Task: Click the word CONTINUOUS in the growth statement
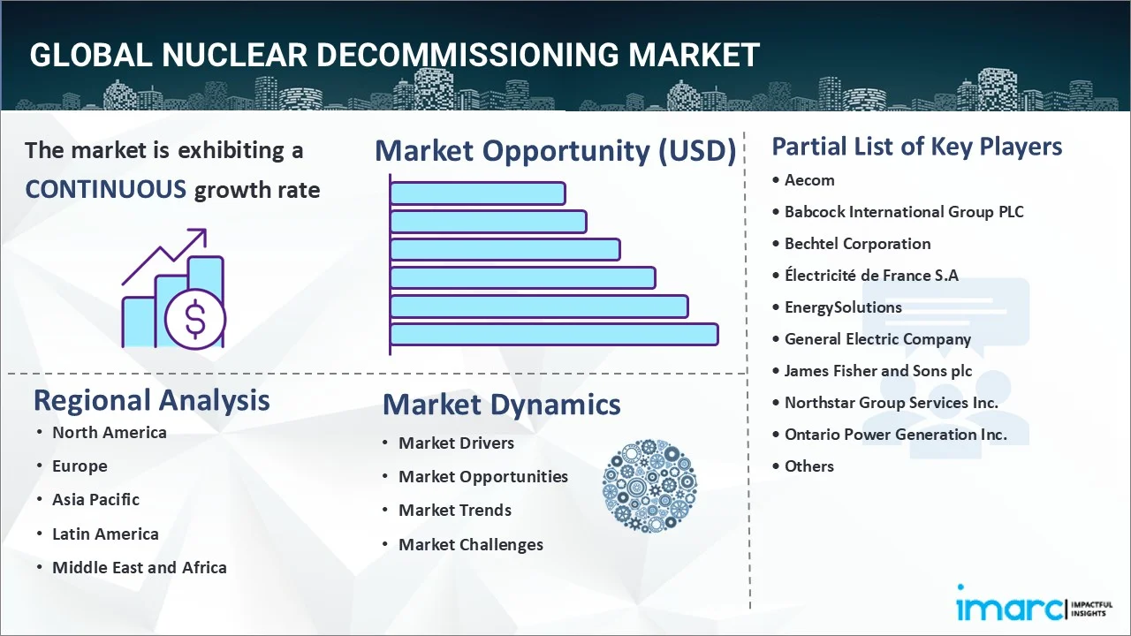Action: click(105, 189)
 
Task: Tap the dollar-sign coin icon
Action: click(195, 319)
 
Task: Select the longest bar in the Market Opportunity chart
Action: click(554, 334)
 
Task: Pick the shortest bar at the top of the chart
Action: click(477, 193)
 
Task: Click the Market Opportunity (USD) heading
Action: click(555, 151)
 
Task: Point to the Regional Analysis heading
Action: click(151, 400)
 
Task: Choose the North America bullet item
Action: click(109, 432)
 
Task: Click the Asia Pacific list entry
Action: click(95, 499)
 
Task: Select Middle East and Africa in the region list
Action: click(139, 567)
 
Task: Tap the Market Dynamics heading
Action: click(501, 405)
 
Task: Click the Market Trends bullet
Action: click(454, 510)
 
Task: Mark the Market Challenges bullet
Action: click(470, 544)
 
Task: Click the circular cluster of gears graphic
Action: click(649, 486)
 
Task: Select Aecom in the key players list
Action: click(809, 179)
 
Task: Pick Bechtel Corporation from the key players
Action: click(857, 243)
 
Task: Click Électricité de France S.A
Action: click(871, 275)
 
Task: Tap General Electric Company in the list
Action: click(877, 338)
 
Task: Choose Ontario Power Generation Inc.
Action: click(895, 434)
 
